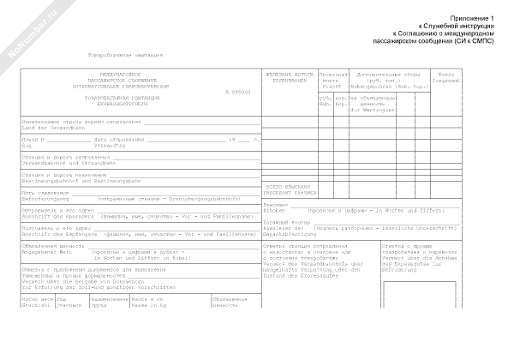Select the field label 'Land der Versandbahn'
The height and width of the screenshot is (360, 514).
click(x=49, y=128)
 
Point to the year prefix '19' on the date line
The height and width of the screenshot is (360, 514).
click(x=230, y=139)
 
